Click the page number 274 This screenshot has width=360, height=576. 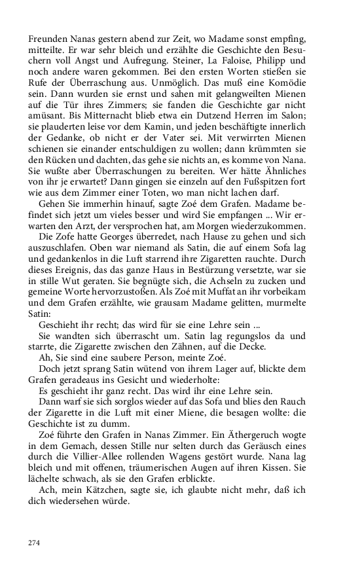[35, 543]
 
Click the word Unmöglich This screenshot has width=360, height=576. [202, 85]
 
